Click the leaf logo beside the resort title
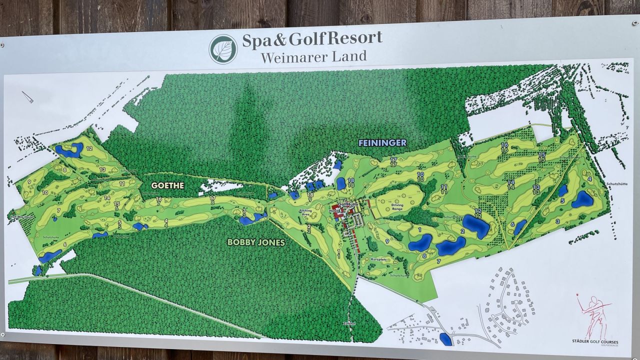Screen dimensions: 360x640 [x=223, y=48]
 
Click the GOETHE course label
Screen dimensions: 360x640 [x=167, y=185]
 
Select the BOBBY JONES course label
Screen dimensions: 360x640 [x=256, y=242]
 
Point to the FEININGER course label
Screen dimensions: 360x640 [x=382, y=143]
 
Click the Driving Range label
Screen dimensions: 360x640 [x=397, y=206]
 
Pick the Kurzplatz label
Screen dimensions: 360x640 [x=380, y=260]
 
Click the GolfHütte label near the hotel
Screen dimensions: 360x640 [x=349, y=204]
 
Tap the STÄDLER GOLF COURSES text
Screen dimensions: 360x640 [x=595, y=341]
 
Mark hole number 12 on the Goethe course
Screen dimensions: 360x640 [x=89, y=148]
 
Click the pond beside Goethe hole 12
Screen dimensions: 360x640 [x=69, y=149]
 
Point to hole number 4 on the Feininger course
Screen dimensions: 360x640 [x=590, y=178]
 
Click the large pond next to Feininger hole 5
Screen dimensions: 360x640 [x=582, y=199]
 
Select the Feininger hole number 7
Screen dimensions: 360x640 [x=438, y=261]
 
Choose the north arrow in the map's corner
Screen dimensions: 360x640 [x=27, y=96]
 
